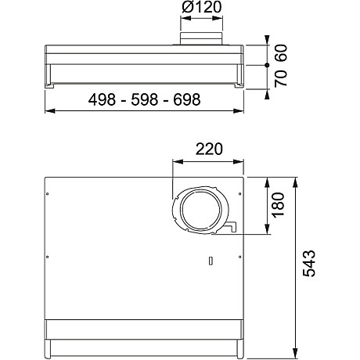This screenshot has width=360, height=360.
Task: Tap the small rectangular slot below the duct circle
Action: pos(210,261)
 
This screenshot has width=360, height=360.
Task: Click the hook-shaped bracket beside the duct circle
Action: pos(232,227)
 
